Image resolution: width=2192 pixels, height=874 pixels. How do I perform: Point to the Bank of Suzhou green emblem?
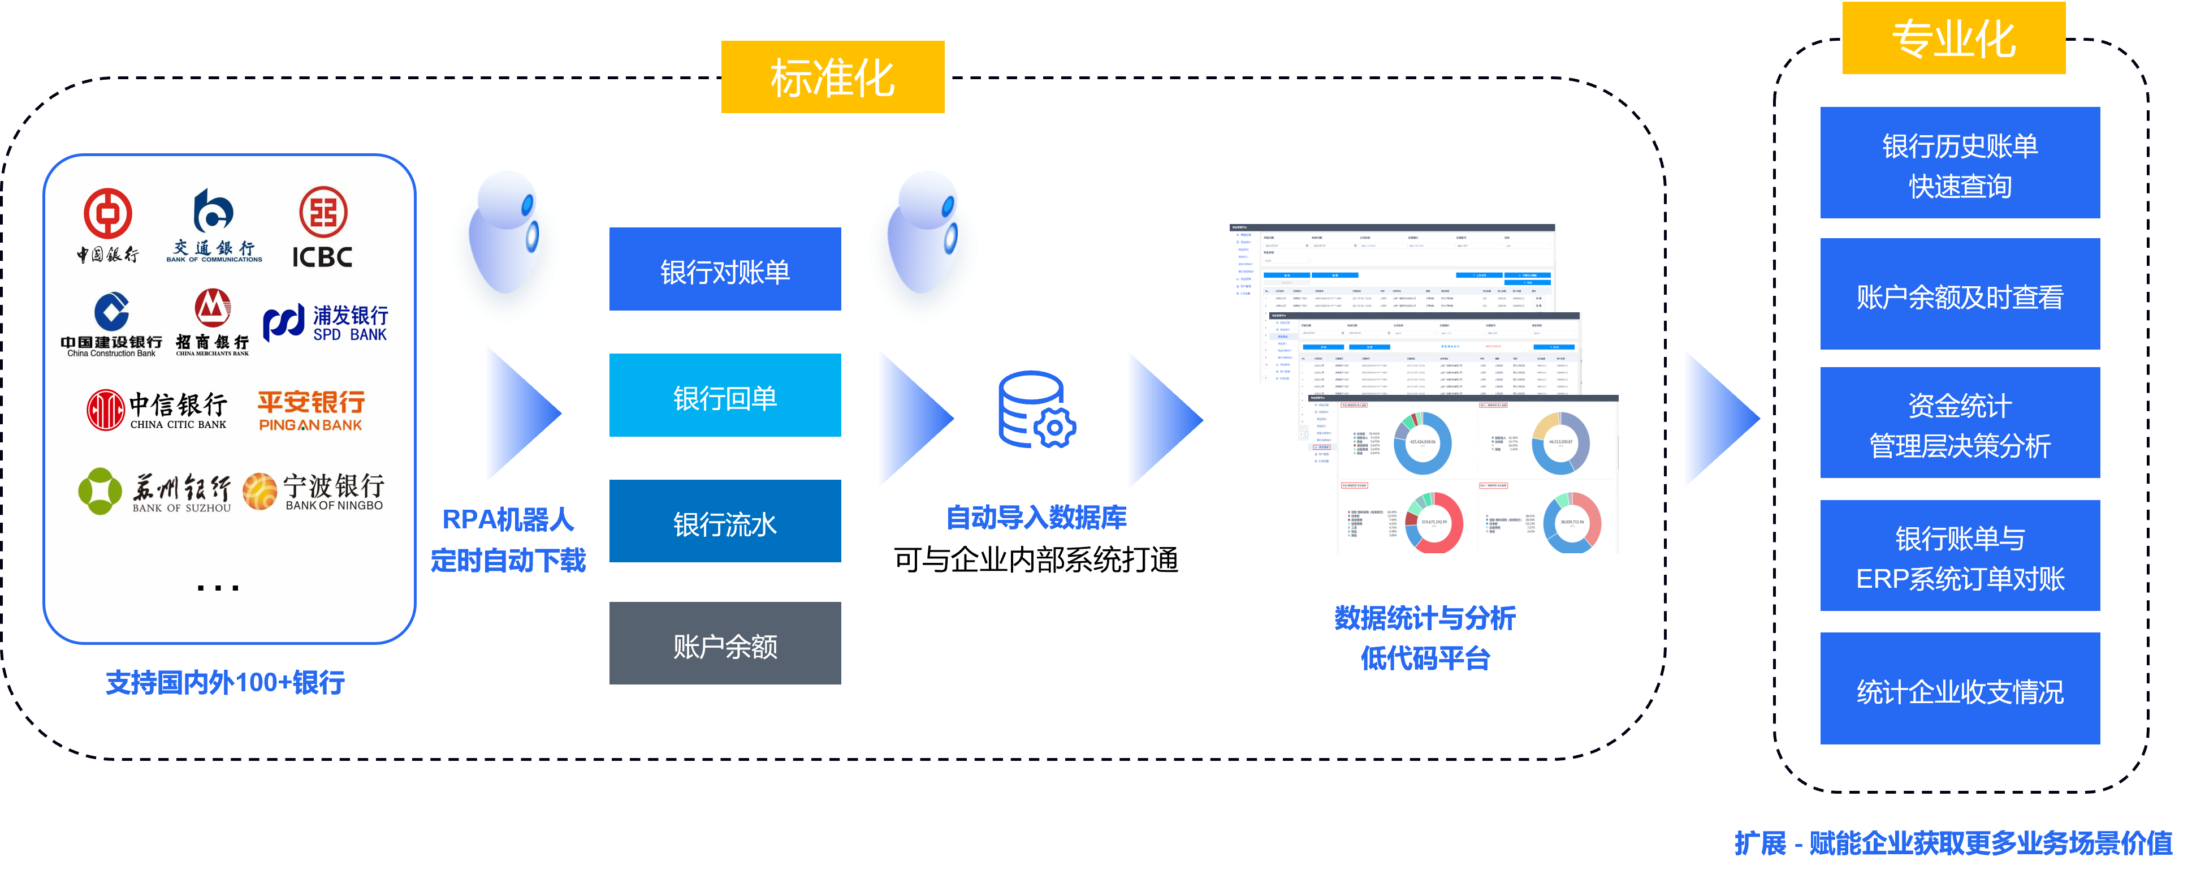point(101,491)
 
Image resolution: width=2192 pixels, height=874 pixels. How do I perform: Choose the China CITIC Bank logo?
point(157,410)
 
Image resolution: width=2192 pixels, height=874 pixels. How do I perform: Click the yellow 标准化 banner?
point(832,78)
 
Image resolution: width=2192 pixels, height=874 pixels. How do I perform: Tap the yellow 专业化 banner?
point(1953,38)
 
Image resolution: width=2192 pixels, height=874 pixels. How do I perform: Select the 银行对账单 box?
point(725,270)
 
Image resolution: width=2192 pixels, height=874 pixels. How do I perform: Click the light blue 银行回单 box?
point(725,396)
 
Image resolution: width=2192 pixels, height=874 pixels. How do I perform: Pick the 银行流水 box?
point(725,522)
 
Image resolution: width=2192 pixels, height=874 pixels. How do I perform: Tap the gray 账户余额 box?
point(725,644)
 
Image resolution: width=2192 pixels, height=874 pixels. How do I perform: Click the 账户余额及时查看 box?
point(1960,295)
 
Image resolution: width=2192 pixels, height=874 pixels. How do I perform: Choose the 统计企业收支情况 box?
point(1960,690)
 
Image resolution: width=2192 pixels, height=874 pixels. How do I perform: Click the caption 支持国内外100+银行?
point(226,683)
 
